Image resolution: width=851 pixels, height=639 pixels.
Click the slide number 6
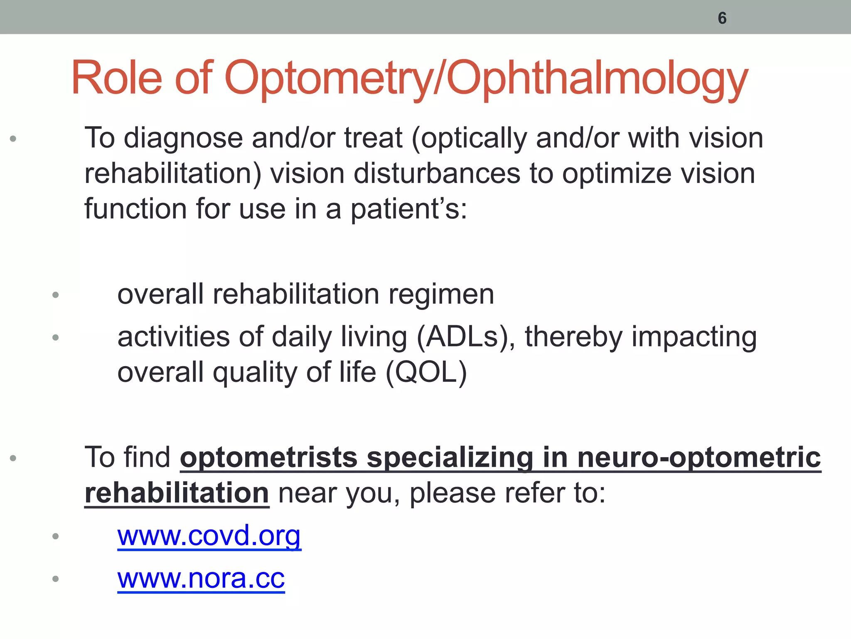tap(722, 18)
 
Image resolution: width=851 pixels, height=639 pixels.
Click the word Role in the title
tap(116, 78)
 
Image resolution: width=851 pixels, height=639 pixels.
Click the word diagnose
tap(183, 138)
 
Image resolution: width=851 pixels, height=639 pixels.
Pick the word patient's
tap(409, 208)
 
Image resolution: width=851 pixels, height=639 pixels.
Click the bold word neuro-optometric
tap(699, 458)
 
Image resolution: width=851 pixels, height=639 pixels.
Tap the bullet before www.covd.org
tap(56, 536)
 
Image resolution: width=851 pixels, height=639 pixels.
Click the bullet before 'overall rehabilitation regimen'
tap(56, 295)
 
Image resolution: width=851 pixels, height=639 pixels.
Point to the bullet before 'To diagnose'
tap(13, 139)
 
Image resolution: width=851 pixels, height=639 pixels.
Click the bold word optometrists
tap(269, 458)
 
